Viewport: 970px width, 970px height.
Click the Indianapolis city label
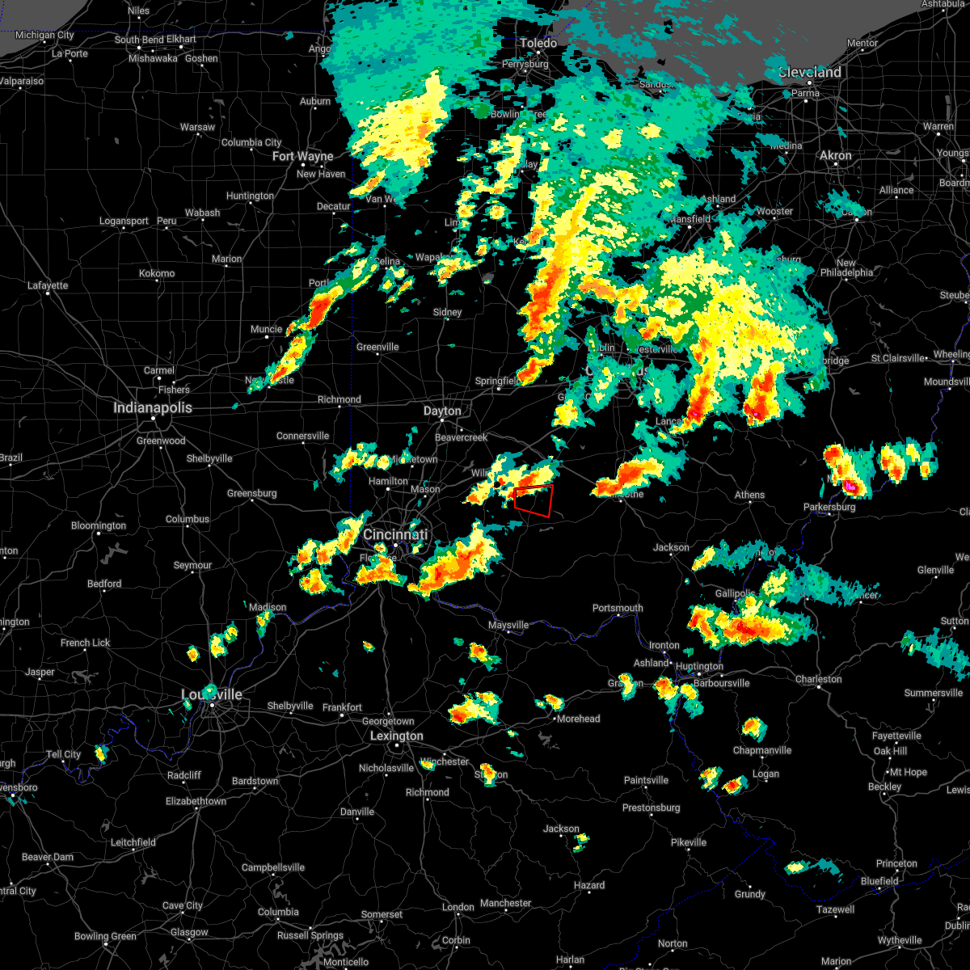153,408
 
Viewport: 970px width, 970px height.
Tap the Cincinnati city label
395,535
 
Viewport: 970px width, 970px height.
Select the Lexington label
396,736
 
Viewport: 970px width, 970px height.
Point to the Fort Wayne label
303,157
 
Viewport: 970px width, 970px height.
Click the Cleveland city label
810,73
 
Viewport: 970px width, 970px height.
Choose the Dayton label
442,411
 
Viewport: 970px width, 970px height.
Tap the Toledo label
538,44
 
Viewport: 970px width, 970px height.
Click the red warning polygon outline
533,500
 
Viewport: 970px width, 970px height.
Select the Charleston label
819,680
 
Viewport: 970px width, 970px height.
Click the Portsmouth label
618,609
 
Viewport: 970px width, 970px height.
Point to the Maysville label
508,626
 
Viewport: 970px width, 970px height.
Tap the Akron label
836,156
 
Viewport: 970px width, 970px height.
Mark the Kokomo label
157,274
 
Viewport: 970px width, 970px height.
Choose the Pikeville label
689,843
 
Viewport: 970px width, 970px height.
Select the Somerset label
382,915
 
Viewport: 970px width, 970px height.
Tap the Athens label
749,496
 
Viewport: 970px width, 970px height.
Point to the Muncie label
267,330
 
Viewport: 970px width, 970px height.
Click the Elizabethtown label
196,802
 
